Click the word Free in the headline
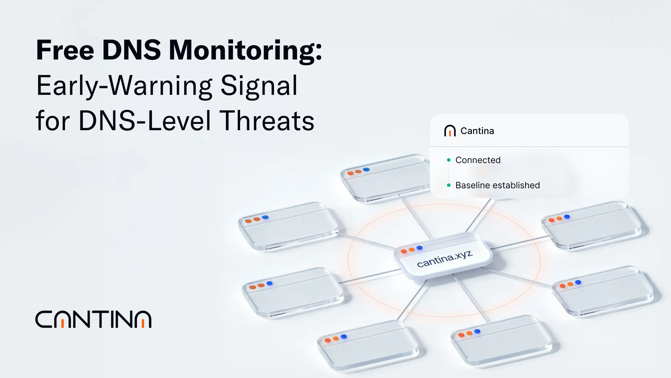[65, 50]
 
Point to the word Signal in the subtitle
[259, 86]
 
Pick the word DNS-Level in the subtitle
[145, 121]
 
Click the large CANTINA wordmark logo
[93, 319]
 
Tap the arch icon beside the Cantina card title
[450, 131]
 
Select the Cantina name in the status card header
[477, 131]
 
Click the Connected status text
[478, 160]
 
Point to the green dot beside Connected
[449, 160]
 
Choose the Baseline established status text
[497, 185]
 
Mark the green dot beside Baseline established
[449, 185]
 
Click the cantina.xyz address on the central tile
[445, 259]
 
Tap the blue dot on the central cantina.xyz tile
[419, 248]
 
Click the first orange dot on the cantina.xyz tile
[404, 251]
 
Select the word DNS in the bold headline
[131, 50]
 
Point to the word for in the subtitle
[52, 121]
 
